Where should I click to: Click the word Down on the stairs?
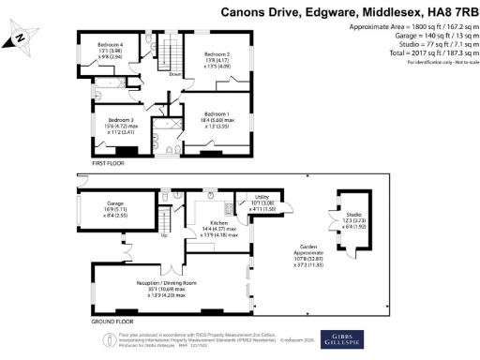[174, 74]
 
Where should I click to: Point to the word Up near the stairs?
[166, 234]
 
